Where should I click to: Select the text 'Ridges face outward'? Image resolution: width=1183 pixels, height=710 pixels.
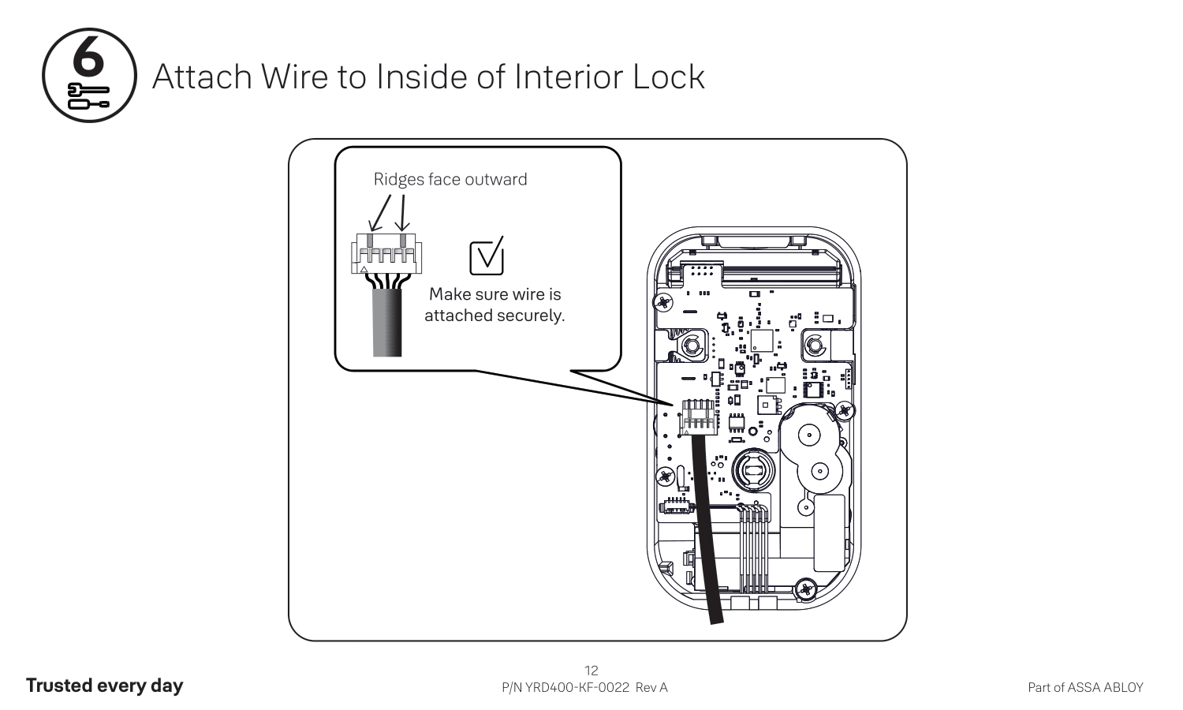tap(450, 179)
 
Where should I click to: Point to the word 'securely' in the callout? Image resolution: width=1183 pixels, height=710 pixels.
tap(528, 316)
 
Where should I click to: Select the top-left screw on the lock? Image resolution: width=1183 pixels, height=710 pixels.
tap(663, 301)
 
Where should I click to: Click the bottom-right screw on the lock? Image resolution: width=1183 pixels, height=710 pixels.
tap(806, 588)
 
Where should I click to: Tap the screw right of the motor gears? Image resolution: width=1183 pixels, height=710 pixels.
tap(845, 410)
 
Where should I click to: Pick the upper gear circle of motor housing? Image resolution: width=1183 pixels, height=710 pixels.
tap(809, 435)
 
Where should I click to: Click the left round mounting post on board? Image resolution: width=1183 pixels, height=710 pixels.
tap(692, 345)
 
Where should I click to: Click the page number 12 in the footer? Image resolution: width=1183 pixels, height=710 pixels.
tap(591, 671)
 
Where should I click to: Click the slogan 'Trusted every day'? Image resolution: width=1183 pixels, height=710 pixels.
tap(104, 686)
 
